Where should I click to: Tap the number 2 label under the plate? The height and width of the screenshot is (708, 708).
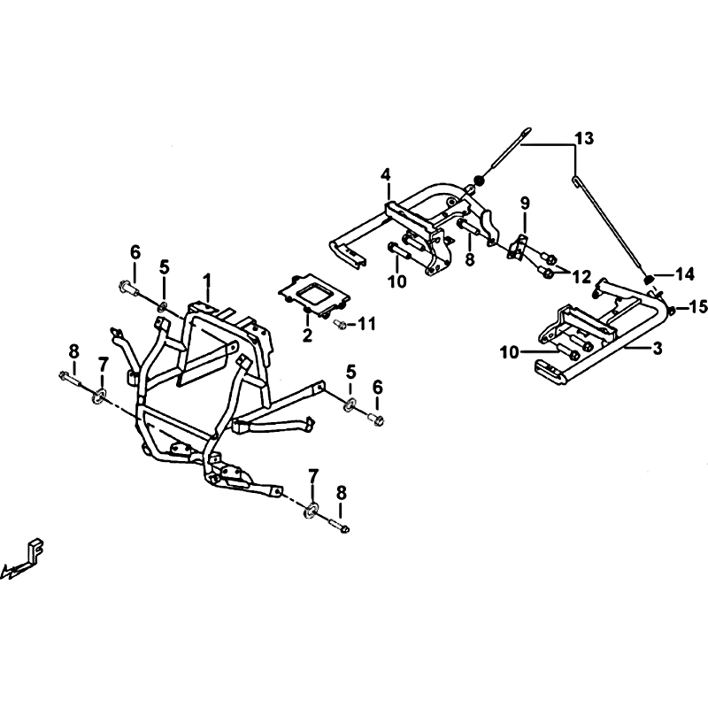click(307, 335)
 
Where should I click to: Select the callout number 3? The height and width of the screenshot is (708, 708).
click(657, 348)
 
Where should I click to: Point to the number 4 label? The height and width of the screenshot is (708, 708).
click(385, 174)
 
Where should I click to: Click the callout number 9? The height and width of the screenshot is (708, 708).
click(524, 204)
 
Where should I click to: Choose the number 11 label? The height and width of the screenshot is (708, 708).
click(366, 323)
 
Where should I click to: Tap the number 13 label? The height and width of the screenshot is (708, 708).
click(584, 139)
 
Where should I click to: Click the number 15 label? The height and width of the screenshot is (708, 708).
click(697, 307)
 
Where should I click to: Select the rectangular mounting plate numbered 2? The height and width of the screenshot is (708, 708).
click(314, 296)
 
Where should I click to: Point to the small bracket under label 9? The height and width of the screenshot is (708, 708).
click(518, 247)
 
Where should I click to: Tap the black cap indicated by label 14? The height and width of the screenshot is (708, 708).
click(649, 280)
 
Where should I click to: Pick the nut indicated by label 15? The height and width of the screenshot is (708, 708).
click(672, 311)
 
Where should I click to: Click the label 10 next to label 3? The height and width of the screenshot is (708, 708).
click(511, 351)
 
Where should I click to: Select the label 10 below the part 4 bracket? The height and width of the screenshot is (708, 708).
click(397, 281)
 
